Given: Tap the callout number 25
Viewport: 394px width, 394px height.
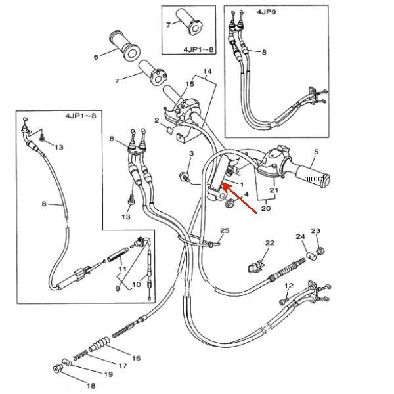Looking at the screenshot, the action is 225,230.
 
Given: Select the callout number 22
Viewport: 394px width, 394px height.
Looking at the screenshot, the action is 270,243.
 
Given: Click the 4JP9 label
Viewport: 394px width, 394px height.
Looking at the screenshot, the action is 266,12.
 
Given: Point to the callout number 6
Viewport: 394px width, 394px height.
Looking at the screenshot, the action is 96,57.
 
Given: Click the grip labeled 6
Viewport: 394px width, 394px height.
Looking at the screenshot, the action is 124,45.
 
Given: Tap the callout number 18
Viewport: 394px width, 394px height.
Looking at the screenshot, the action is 91,385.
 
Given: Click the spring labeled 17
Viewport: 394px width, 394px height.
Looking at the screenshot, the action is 80,355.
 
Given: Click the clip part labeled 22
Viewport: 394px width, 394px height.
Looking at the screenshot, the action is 256,267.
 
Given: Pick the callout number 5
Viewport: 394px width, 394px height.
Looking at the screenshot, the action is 316,152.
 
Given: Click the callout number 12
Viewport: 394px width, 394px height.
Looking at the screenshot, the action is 289,286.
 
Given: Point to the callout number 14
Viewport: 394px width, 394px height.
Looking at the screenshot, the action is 207,72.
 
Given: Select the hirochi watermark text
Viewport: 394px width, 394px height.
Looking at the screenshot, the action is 316,178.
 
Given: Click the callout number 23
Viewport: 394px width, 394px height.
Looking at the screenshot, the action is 316,230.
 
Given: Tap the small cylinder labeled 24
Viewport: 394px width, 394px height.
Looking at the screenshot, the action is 311,257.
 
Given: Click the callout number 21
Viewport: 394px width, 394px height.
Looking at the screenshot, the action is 274,190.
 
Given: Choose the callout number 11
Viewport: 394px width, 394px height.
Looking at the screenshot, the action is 122,269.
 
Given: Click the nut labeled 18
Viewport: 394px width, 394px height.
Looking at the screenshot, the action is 58,369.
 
